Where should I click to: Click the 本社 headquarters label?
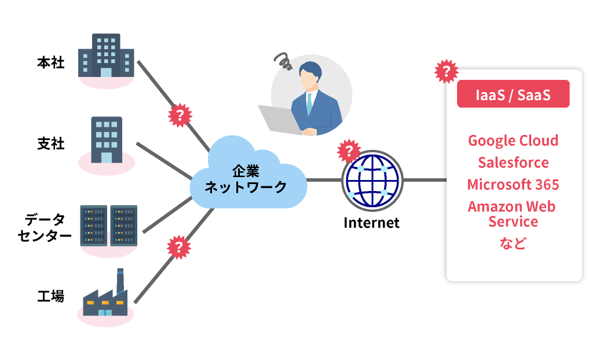tap(50, 63)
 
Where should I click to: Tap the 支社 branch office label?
tap(50, 144)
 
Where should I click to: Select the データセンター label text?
tap(48, 227)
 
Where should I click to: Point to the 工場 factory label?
tap(50, 297)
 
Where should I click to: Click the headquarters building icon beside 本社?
tap(106, 56)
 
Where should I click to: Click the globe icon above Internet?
tap(371, 180)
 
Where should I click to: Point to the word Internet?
tap(371, 223)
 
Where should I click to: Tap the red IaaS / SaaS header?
tap(513, 94)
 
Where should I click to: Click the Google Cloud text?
tap(513, 141)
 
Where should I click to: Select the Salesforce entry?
tap(513, 163)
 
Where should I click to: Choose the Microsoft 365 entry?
tap(513, 185)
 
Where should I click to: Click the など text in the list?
tap(513, 243)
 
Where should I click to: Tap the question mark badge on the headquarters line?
tap(180, 115)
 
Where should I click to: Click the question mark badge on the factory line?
tap(179, 248)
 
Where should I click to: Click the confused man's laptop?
tap(278, 119)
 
